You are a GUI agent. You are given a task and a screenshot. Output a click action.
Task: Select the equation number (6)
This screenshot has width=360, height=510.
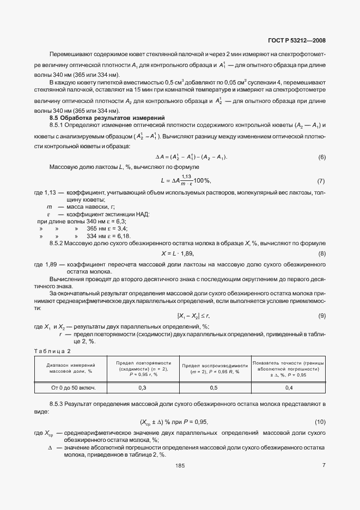[x=321, y=157]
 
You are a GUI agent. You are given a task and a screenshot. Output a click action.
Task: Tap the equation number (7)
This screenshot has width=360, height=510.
[x=321, y=180]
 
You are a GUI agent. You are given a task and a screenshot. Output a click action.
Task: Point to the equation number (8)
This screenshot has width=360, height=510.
[x=321, y=253]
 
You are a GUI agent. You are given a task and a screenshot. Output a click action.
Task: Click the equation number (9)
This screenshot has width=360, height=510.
[x=321, y=315]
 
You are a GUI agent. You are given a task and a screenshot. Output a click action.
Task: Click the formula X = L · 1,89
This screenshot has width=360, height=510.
[x=178, y=253]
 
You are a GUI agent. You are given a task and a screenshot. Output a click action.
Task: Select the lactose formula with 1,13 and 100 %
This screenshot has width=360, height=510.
[x=186, y=180]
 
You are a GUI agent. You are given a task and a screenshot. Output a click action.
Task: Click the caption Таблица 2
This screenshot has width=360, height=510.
[x=52, y=350]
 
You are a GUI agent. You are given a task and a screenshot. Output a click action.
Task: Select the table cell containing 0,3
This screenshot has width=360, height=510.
[x=143, y=387]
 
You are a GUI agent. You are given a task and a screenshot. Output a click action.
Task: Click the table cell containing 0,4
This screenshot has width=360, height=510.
[x=289, y=387]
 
